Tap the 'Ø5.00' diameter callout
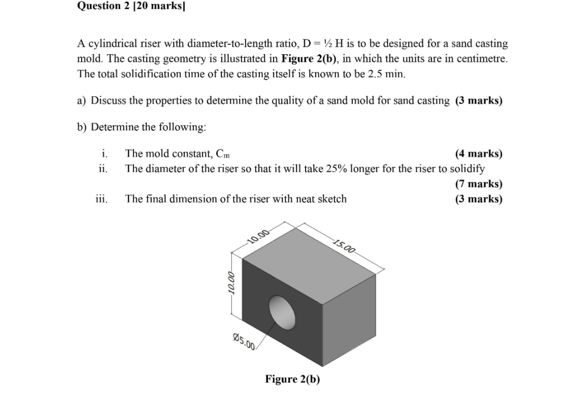pyautogui.click(x=244, y=341)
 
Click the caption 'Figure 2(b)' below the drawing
pyautogui.click(x=292, y=379)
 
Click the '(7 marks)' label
pyautogui.click(x=479, y=184)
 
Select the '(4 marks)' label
pyautogui.click(x=479, y=153)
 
